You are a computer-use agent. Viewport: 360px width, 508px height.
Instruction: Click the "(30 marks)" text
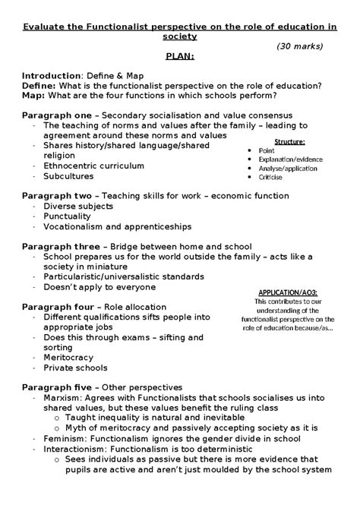point(300,46)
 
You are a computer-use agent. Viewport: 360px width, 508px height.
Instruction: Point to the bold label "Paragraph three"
point(61,247)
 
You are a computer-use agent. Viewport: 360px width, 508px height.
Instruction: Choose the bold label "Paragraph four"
point(59,307)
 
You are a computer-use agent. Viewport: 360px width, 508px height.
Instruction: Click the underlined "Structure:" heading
point(289,141)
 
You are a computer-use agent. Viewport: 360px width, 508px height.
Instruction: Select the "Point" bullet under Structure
point(267,151)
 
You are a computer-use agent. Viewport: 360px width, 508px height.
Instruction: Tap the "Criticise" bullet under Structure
point(272,177)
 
